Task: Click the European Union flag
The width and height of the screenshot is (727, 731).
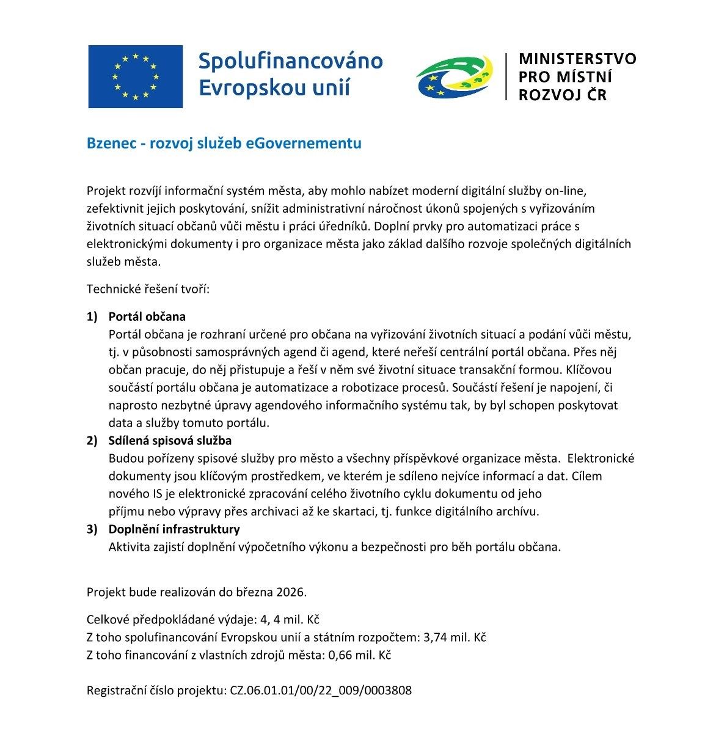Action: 135,76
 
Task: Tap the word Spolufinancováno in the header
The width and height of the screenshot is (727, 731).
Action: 291,61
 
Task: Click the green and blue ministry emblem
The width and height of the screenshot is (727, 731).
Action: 454,76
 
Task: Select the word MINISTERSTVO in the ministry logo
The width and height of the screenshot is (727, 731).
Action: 577,59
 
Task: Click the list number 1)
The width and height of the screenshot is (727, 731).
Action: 92,317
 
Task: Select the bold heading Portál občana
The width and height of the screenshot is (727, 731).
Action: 147,317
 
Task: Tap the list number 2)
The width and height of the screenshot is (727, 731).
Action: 92,440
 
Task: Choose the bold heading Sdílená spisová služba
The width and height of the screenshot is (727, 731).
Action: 170,440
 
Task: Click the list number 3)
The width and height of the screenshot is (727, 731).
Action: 92,529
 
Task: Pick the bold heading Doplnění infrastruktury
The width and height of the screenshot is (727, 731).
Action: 174,529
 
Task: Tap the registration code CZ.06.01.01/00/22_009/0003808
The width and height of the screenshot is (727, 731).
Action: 321,691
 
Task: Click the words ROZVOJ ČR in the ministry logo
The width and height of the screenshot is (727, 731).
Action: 563,95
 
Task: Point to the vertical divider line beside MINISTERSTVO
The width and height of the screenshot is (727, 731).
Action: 506,76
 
